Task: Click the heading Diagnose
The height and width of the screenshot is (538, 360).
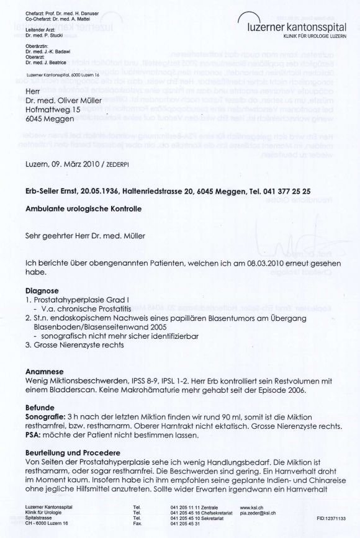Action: pyautogui.click(x=43, y=290)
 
